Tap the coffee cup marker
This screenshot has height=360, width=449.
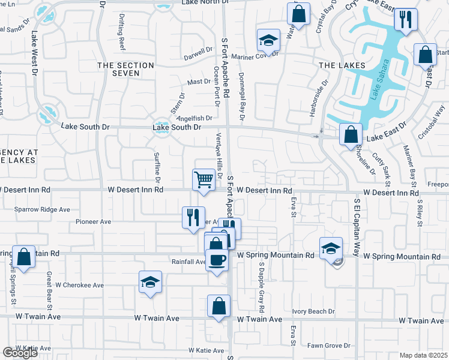tap(217, 260)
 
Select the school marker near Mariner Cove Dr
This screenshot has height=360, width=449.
tap(268, 41)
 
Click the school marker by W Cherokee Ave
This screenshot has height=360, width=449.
tap(150, 283)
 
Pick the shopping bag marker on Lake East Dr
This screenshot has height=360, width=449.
tap(351, 135)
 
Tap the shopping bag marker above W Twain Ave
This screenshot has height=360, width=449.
tap(219, 306)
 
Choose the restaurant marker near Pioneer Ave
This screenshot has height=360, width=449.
tap(193, 217)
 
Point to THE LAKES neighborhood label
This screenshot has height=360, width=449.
tap(342, 65)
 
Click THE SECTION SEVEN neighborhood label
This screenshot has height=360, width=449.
tap(118, 69)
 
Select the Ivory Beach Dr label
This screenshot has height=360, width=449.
tap(313, 311)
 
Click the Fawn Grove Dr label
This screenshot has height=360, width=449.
tap(328, 346)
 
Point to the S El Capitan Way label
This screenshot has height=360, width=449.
tap(357, 227)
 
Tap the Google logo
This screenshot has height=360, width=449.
tap(20, 353)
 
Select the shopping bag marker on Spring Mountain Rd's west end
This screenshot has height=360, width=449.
tap(23, 258)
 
